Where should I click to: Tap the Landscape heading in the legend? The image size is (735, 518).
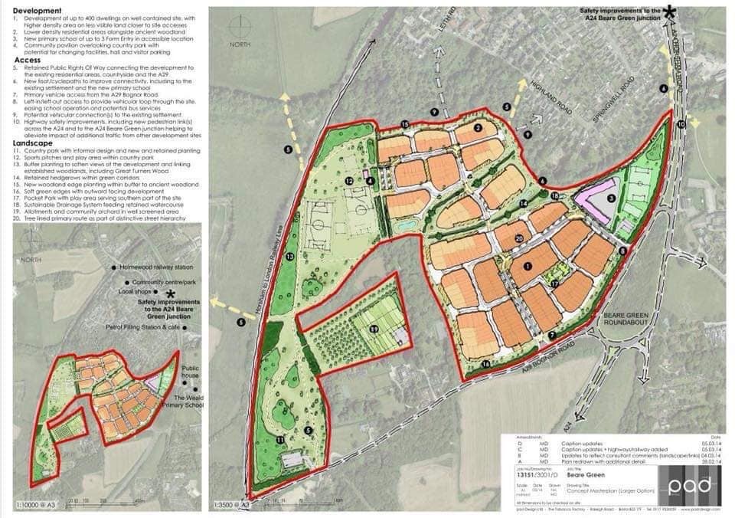coord(37,143)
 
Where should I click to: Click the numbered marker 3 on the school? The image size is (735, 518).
coord(610,198)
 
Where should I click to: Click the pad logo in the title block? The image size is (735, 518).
coord(693,487)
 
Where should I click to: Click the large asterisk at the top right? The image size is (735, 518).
coord(671,11)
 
